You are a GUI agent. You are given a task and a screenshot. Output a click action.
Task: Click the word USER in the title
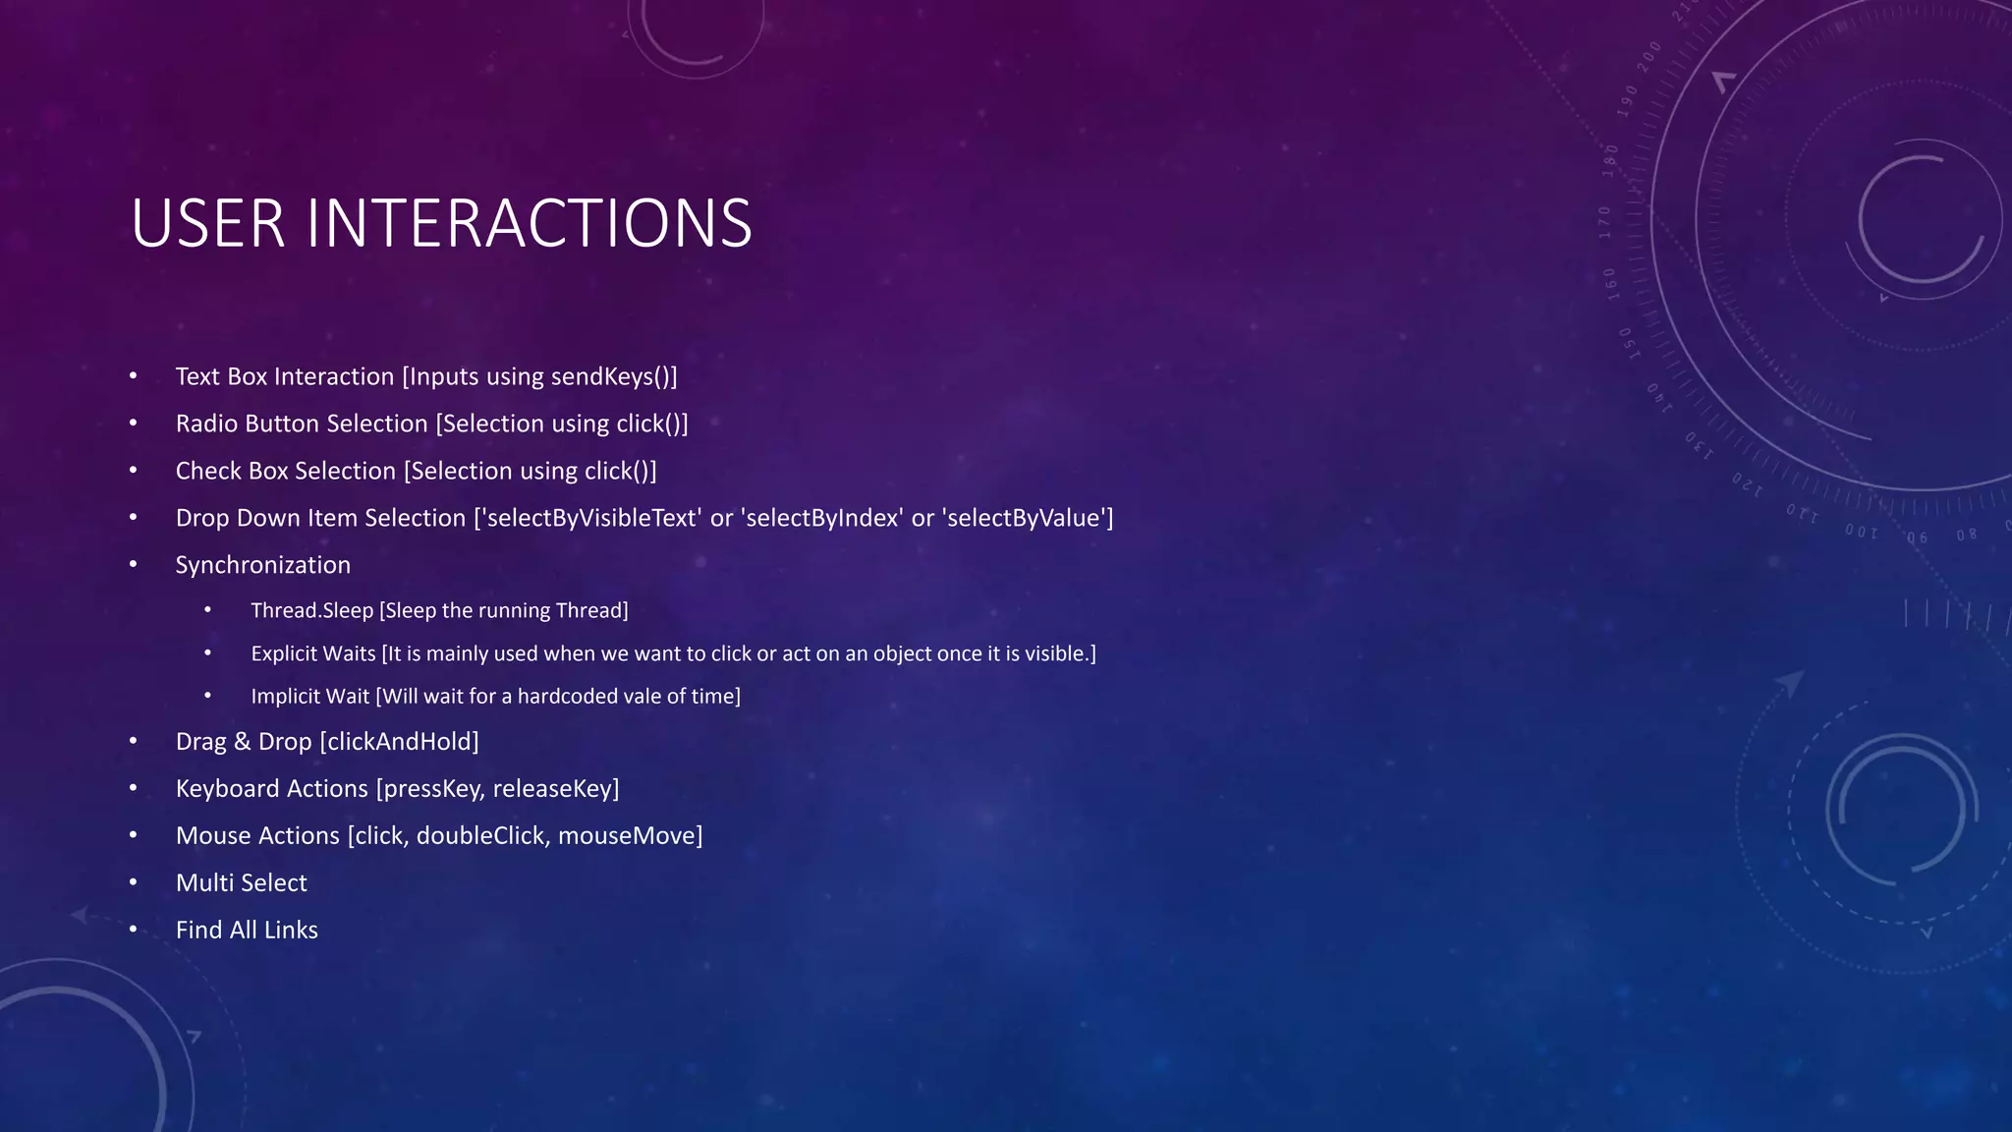pos(208,223)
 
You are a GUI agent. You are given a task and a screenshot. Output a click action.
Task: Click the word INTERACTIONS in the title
pos(530,223)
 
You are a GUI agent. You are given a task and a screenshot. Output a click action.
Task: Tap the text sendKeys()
pos(610,376)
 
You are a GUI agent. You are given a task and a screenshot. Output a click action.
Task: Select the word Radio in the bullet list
pos(206,424)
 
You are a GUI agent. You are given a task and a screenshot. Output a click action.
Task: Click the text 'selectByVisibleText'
pos(590,518)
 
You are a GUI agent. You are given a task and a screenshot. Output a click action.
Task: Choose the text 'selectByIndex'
pos(820,518)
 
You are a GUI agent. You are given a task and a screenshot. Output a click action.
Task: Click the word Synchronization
pos(262,565)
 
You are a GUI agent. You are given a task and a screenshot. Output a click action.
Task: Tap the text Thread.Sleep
pos(311,610)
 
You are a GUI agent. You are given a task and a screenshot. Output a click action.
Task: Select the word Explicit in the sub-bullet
pos(285,653)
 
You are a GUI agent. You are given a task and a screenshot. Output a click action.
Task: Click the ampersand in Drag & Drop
pos(242,742)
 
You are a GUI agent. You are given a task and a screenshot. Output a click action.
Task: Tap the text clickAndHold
pos(400,742)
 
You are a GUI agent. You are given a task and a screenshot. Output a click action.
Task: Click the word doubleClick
pos(480,836)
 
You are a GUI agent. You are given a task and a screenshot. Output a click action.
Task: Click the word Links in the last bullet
pos(291,931)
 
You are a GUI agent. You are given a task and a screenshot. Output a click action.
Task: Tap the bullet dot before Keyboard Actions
pos(133,788)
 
